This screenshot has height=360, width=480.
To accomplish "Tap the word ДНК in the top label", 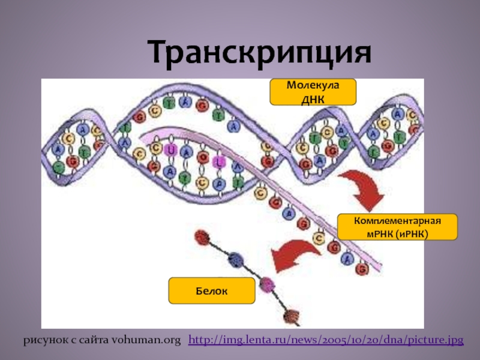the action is [x=313, y=98].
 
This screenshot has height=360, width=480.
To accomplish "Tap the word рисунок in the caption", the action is [x=43, y=340].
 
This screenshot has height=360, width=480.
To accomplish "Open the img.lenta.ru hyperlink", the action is [x=326, y=340].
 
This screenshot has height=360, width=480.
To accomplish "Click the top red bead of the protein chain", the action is [x=200, y=236].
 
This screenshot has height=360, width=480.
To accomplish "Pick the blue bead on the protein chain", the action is [x=236, y=259].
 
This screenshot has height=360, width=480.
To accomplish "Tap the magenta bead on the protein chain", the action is [x=266, y=283].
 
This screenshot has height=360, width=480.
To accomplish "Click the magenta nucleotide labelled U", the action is [x=172, y=150].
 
